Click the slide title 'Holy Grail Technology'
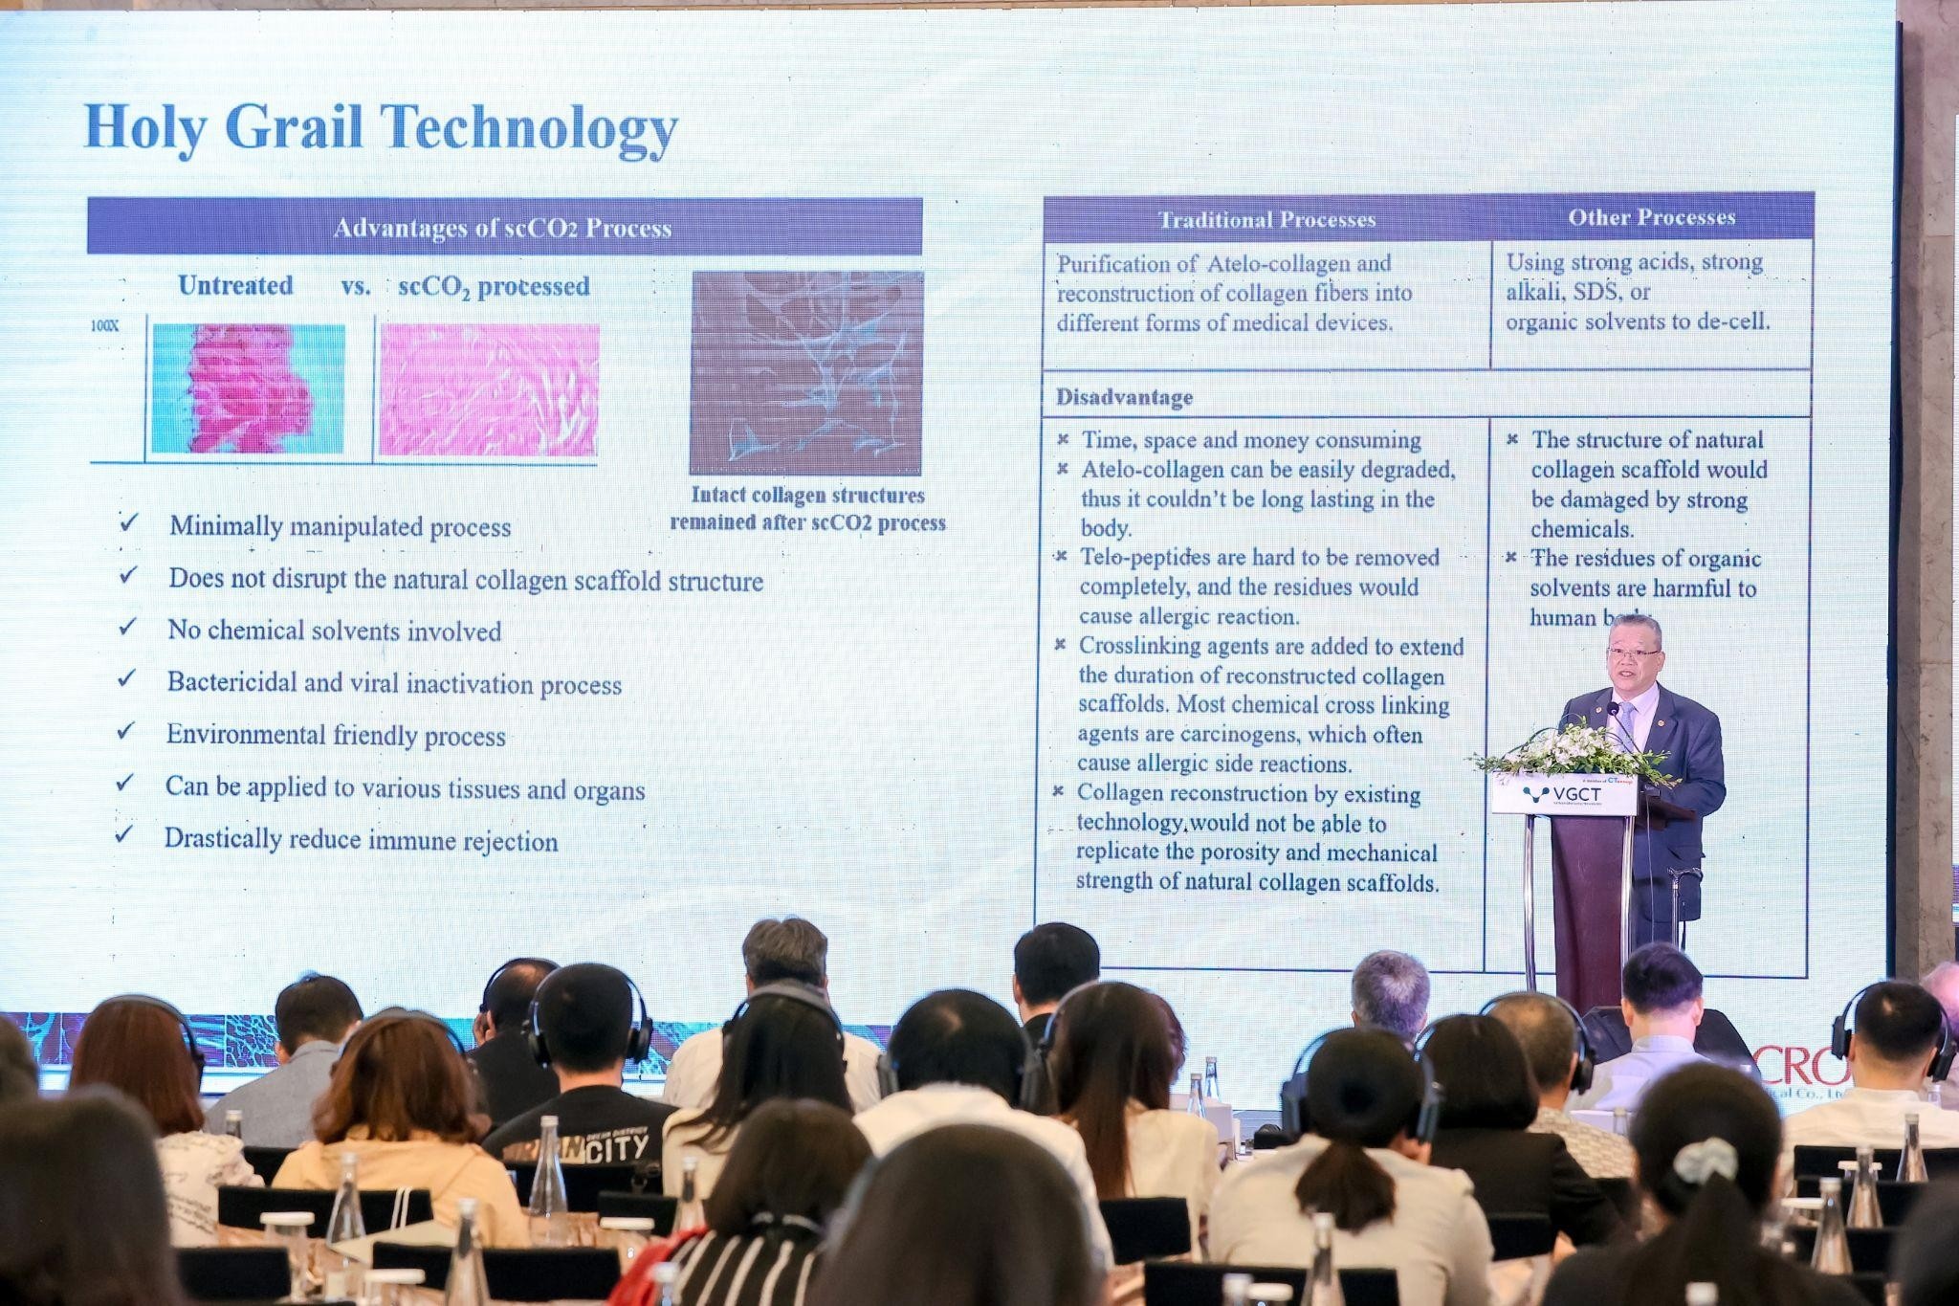click(381, 127)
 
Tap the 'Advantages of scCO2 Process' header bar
click(503, 228)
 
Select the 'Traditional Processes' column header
click(1266, 220)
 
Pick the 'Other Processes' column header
click(1651, 217)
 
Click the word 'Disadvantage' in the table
click(1124, 397)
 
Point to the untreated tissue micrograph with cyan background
click(248, 388)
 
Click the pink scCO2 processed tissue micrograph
click(489, 389)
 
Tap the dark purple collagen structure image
click(806, 373)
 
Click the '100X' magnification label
click(105, 325)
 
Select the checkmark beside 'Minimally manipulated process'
click(128, 522)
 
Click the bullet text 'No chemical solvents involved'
click(334, 631)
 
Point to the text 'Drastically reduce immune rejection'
click(361, 840)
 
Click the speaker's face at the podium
click(1634, 655)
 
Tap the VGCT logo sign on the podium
click(1564, 794)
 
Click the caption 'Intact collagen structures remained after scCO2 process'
click(807, 509)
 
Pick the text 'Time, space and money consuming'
click(1250, 440)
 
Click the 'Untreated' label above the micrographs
click(235, 285)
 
